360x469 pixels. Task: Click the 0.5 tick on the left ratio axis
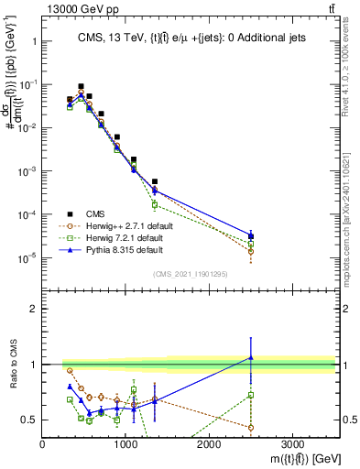(31, 420)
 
